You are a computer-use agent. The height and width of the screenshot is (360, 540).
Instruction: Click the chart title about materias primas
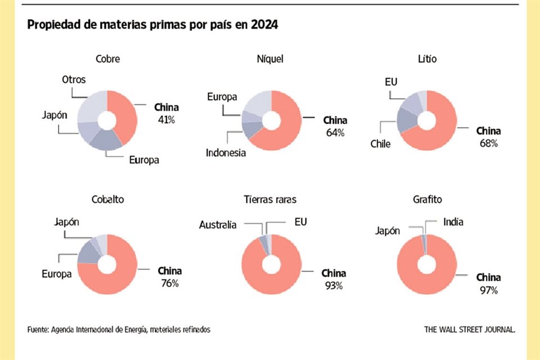coord(152,25)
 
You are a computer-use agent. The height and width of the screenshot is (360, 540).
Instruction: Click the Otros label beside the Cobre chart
coord(74,80)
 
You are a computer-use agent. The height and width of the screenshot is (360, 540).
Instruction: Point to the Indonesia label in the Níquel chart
coord(226,152)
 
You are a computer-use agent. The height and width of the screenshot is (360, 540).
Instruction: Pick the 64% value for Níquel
coord(334,133)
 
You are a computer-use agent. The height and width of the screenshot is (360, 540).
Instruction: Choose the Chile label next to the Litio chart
coord(381,143)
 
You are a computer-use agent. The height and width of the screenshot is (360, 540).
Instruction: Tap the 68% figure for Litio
coord(488,143)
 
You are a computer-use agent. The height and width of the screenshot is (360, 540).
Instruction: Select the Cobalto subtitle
coord(107,200)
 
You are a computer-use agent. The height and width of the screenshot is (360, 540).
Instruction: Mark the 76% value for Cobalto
coord(169,283)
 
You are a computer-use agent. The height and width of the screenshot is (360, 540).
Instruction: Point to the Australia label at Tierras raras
coord(218,225)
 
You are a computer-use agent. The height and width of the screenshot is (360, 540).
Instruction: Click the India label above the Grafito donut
coord(453,222)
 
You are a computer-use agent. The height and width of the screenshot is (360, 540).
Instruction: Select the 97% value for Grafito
coord(488,290)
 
